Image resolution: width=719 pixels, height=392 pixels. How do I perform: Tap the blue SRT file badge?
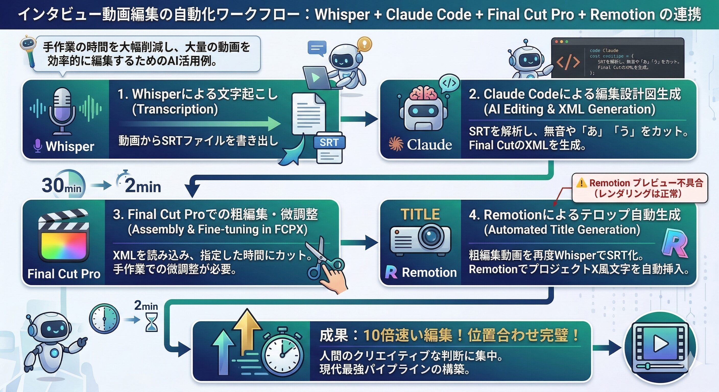tap(329, 143)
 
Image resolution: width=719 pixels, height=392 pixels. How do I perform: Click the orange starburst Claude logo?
tap(396, 144)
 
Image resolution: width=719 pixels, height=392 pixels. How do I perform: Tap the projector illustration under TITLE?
tap(420, 240)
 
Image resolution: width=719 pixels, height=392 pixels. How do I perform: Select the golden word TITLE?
tap(420, 214)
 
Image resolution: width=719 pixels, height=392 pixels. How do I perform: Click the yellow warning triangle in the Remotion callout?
tap(581, 183)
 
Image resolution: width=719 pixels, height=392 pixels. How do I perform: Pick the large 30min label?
tap(61, 186)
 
